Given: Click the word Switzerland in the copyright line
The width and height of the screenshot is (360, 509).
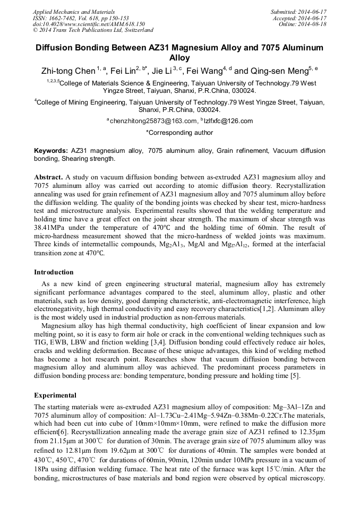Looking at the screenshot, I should click(x=135, y=30).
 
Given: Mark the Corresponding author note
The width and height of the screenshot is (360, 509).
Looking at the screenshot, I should click(x=179, y=133).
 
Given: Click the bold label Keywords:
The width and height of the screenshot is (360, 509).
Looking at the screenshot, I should click(x=50, y=151).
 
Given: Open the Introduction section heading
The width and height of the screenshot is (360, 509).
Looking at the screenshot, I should click(x=54, y=272).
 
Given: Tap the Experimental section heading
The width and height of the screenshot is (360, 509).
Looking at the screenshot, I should click(x=55, y=395).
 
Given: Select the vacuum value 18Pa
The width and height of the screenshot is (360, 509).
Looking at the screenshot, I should click(x=42, y=467).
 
